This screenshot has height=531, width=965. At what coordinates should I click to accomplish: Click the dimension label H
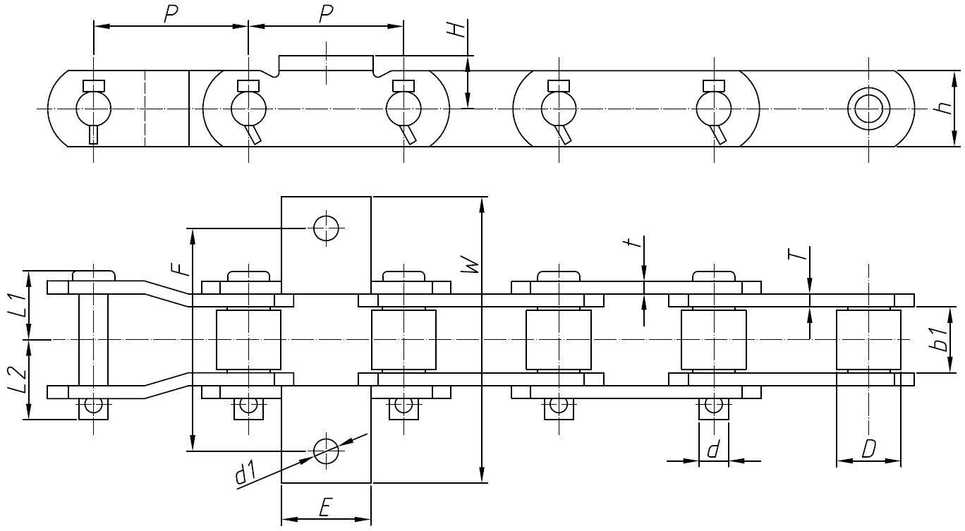pyautogui.click(x=459, y=30)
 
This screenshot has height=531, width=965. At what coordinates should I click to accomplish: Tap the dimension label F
pyautogui.click(x=181, y=268)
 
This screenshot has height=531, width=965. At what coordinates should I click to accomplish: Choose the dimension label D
pyautogui.click(x=868, y=448)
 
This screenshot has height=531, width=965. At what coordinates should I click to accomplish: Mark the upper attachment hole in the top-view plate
pyautogui.click(x=326, y=228)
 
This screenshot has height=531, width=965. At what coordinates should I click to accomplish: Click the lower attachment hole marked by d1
pyautogui.click(x=326, y=450)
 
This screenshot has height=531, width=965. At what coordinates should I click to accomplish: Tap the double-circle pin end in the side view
pyautogui.click(x=868, y=109)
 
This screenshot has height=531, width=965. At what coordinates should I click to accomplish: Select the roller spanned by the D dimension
pyautogui.click(x=868, y=340)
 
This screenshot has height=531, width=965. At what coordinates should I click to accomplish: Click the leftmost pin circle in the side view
pyautogui.click(x=93, y=109)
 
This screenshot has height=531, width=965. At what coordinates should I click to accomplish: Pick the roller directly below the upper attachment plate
pyautogui.click(x=248, y=340)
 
